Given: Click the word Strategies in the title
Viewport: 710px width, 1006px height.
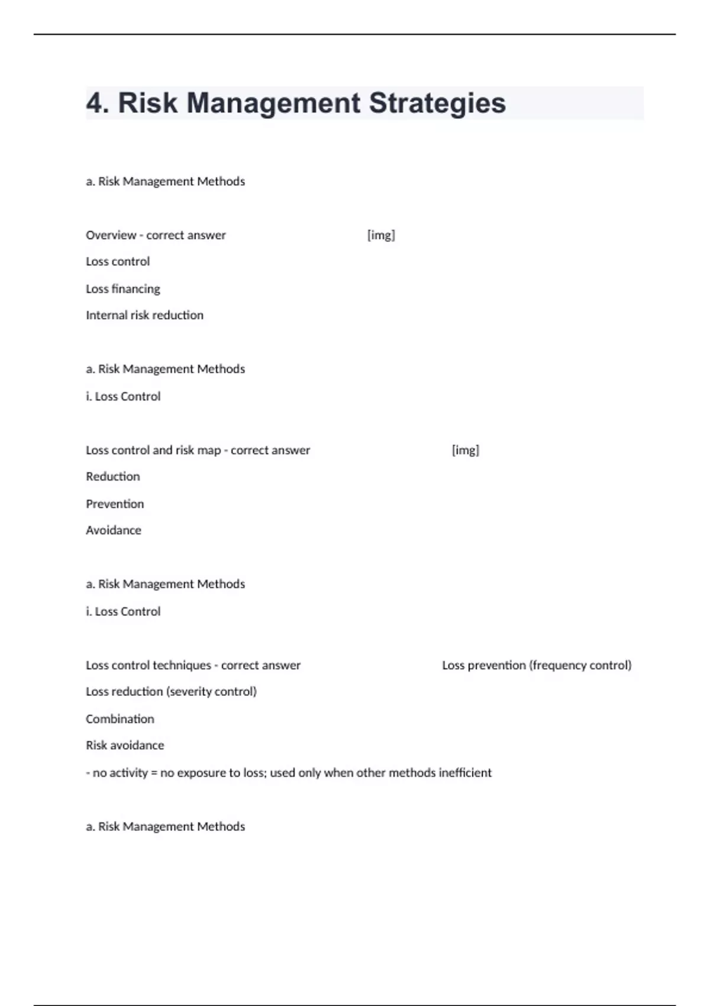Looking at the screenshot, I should coord(437,104).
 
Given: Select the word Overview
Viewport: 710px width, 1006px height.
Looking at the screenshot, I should coord(111,236).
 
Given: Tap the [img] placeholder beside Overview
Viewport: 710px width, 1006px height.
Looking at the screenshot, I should coord(381,236).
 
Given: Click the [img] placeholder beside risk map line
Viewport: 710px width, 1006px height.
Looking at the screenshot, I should coord(466,450).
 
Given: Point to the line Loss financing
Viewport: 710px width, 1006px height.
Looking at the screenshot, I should coord(123,289).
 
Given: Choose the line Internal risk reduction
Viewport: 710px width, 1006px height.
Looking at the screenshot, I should coord(144,315).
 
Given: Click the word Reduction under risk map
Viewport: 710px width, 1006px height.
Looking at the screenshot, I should coord(113,477).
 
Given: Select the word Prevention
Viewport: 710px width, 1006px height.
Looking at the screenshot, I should coord(115,504).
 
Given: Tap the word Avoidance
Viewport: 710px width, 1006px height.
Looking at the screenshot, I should coord(114,531).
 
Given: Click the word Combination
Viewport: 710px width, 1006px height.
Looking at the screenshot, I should coord(120,719).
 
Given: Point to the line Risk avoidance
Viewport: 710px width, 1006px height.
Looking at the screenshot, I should coord(125,746).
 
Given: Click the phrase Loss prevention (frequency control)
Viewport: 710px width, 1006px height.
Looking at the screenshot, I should coord(537,666).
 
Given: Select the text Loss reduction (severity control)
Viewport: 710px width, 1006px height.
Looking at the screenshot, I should coord(171,692).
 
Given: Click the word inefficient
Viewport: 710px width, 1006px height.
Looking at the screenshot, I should coord(465,773).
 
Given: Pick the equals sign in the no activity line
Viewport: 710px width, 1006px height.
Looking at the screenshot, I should coord(154,773).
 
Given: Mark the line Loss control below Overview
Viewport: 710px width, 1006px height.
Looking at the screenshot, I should coord(118,262).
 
